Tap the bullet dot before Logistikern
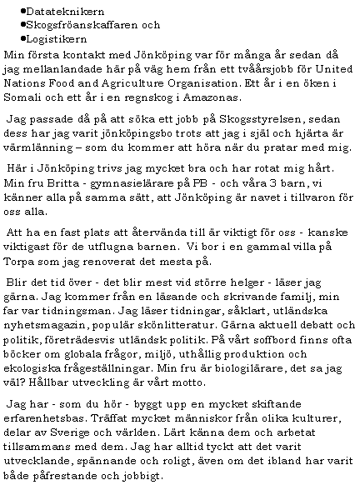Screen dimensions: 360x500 tap(21, 38)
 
